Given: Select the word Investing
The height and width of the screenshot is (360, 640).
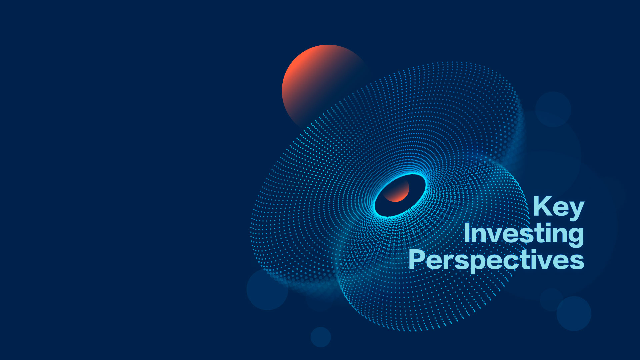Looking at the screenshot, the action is pyautogui.click(x=524, y=234).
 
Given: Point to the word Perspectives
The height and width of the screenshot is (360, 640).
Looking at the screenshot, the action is pyautogui.click(x=496, y=260).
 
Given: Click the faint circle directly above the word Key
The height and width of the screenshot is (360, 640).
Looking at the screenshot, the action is pyautogui.click(x=553, y=109).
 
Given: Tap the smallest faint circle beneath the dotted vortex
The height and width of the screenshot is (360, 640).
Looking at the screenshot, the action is pyautogui.click(x=321, y=337).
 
